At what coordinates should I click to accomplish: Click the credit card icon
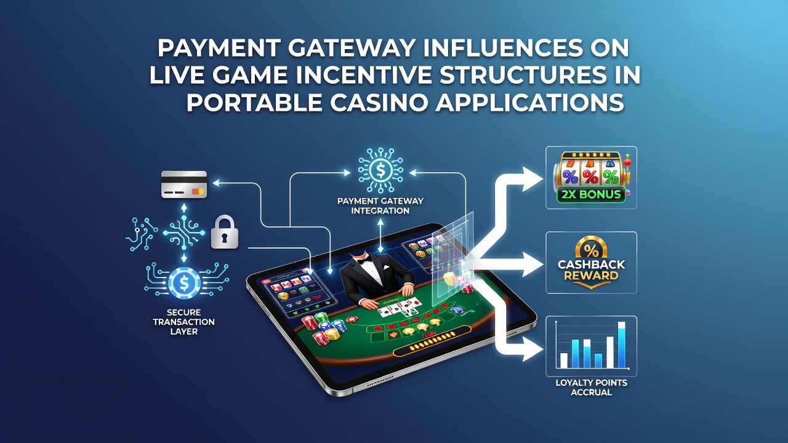(184, 185)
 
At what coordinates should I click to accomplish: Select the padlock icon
(225, 232)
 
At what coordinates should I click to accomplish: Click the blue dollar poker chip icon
(184, 282)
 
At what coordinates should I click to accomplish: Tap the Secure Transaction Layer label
(183, 322)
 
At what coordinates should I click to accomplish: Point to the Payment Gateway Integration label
(380, 206)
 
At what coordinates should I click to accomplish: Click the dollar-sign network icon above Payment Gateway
(380, 170)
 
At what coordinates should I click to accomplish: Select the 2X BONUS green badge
(591, 194)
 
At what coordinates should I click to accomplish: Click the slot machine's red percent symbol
(590, 177)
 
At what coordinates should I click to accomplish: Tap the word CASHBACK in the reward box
(592, 265)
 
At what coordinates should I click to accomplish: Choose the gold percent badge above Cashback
(591, 249)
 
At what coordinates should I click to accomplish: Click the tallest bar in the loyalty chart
(622, 345)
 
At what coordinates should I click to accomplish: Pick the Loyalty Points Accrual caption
(592, 387)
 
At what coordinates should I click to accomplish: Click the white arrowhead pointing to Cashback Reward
(533, 265)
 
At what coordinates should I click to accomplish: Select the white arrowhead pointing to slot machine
(533, 180)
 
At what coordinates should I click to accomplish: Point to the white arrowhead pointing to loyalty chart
(533, 349)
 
